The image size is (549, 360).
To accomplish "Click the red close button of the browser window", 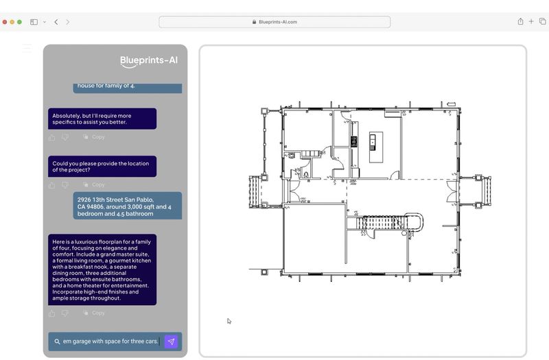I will [5, 22].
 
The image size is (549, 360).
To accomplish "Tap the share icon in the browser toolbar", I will [520, 22].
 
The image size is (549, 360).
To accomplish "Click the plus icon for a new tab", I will [531, 22].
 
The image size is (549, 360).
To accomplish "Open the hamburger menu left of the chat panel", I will [27, 49].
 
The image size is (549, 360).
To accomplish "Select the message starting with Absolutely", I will [102, 119].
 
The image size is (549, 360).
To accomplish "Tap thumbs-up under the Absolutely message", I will [52, 137].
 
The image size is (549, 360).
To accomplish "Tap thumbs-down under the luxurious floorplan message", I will [65, 313].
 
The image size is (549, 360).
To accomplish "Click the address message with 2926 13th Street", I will [127, 206].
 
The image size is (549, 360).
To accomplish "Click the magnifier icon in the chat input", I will [57, 341].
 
